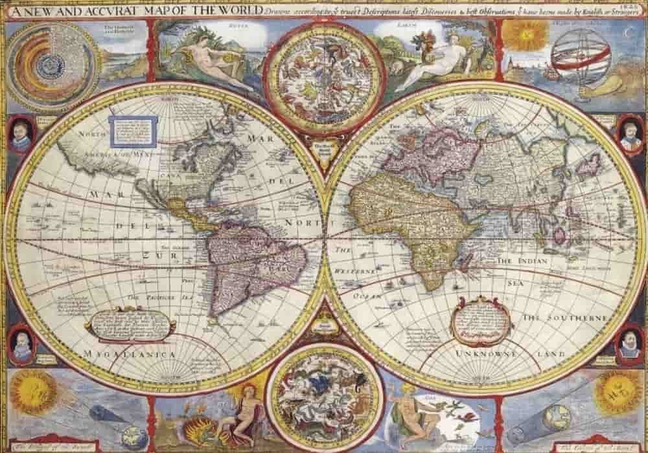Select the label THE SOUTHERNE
[565, 318]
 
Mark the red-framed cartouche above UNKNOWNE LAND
[481, 320]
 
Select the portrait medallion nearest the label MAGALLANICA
[22, 343]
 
